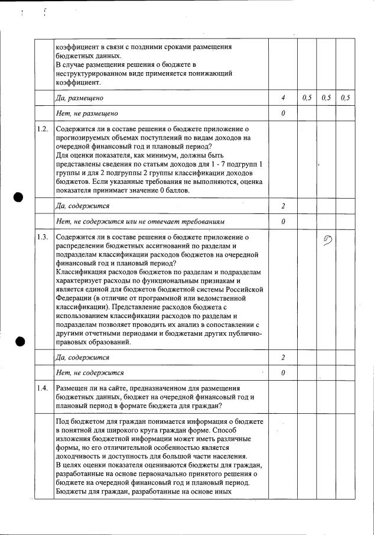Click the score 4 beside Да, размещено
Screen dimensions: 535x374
click(284, 98)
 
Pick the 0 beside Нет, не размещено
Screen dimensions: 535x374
click(284, 113)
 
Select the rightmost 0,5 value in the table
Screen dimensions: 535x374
click(345, 98)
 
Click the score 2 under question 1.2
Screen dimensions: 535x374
click(284, 206)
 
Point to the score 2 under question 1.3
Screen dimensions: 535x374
click(284, 358)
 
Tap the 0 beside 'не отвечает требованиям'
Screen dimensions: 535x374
click(284, 222)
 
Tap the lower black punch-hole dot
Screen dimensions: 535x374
click(20, 341)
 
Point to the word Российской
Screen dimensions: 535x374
click(241, 290)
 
